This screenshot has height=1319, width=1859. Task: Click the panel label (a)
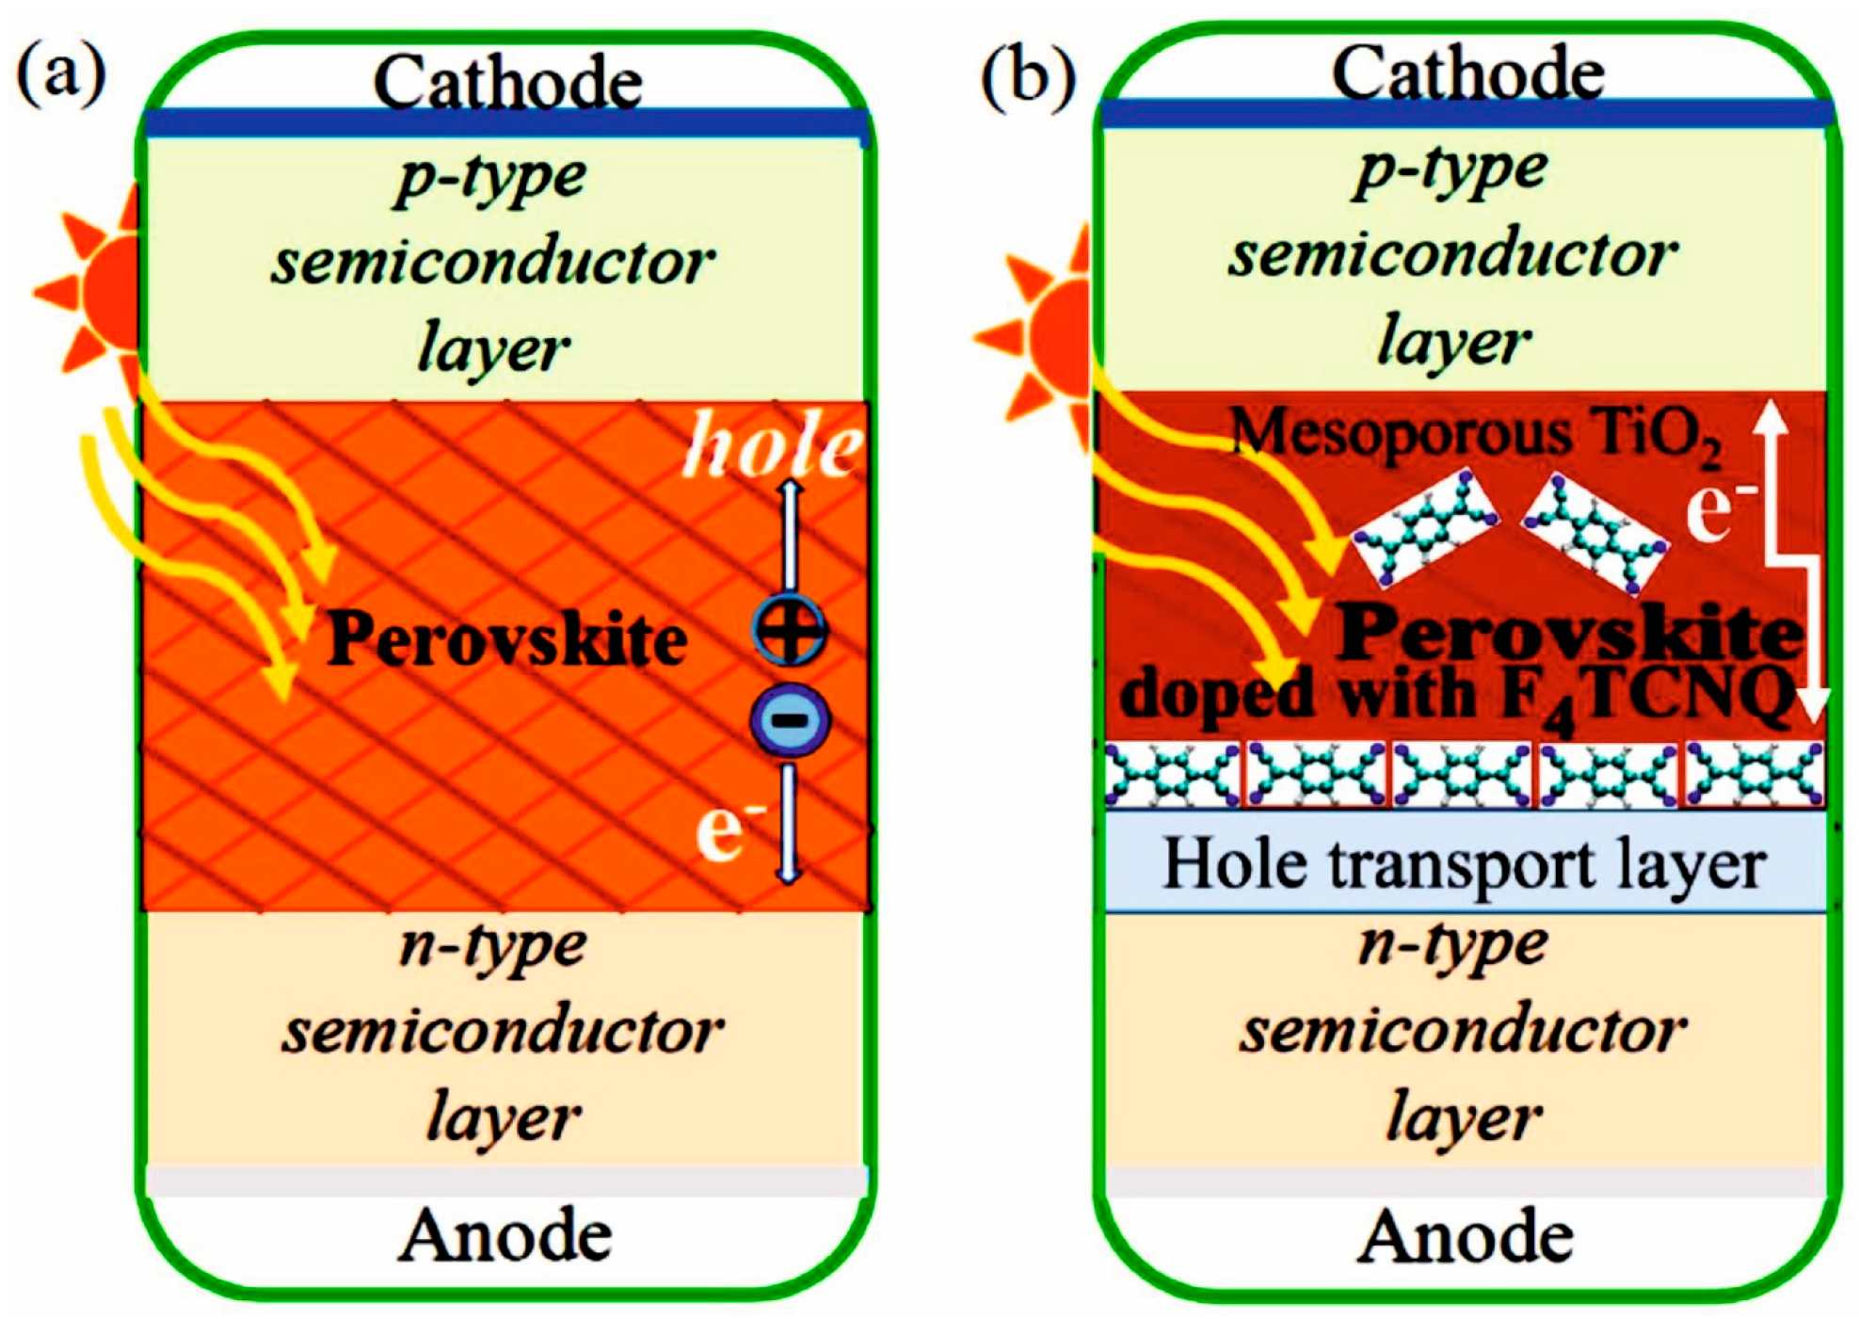tap(60, 75)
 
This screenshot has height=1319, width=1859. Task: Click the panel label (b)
tap(1027, 75)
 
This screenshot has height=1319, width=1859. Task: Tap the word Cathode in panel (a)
tap(507, 83)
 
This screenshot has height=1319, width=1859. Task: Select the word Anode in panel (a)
tap(505, 1234)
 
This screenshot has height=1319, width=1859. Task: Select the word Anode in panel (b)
tap(1466, 1236)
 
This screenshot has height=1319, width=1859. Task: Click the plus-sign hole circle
tap(790, 630)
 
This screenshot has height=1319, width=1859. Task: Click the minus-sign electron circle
tap(790, 720)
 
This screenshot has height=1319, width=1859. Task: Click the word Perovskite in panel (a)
tap(506, 639)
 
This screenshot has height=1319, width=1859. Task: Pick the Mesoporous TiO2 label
tap(1477, 436)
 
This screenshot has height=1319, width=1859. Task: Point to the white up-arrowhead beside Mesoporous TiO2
tap(1771, 417)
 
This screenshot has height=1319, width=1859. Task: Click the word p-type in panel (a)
tap(490, 176)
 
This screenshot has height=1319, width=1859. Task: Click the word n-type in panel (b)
tap(1452, 943)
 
